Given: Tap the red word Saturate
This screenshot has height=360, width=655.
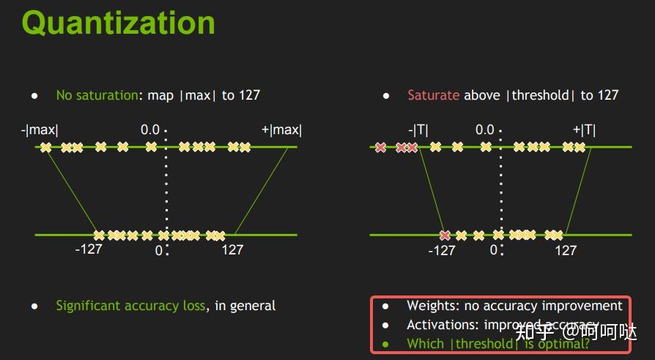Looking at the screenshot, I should (433, 95).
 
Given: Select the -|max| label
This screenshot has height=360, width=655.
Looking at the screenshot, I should (40, 131).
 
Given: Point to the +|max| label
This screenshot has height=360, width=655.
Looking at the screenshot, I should (281, 131).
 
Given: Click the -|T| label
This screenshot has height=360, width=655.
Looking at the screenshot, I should (418, 131).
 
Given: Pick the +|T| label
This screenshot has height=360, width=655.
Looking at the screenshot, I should (584, 131).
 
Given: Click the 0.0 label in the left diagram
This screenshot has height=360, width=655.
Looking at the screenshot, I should (150, 131).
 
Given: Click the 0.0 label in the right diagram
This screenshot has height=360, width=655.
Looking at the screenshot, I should (485, 131).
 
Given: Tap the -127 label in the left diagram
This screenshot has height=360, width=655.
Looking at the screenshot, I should (89, 250).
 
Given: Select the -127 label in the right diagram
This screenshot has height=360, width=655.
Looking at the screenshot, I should (441, 251).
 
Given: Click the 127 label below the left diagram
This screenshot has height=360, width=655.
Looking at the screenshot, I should (232, 250).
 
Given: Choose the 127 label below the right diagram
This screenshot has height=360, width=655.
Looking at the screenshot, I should (566, 251).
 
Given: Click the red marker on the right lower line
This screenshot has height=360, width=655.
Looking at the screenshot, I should (445, 235).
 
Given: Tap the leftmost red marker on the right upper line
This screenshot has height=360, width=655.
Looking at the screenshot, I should (380, 147).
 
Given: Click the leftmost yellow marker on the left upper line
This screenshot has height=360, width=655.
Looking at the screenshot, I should (46, 147).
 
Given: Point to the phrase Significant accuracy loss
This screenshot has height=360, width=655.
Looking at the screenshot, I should (130, 306).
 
